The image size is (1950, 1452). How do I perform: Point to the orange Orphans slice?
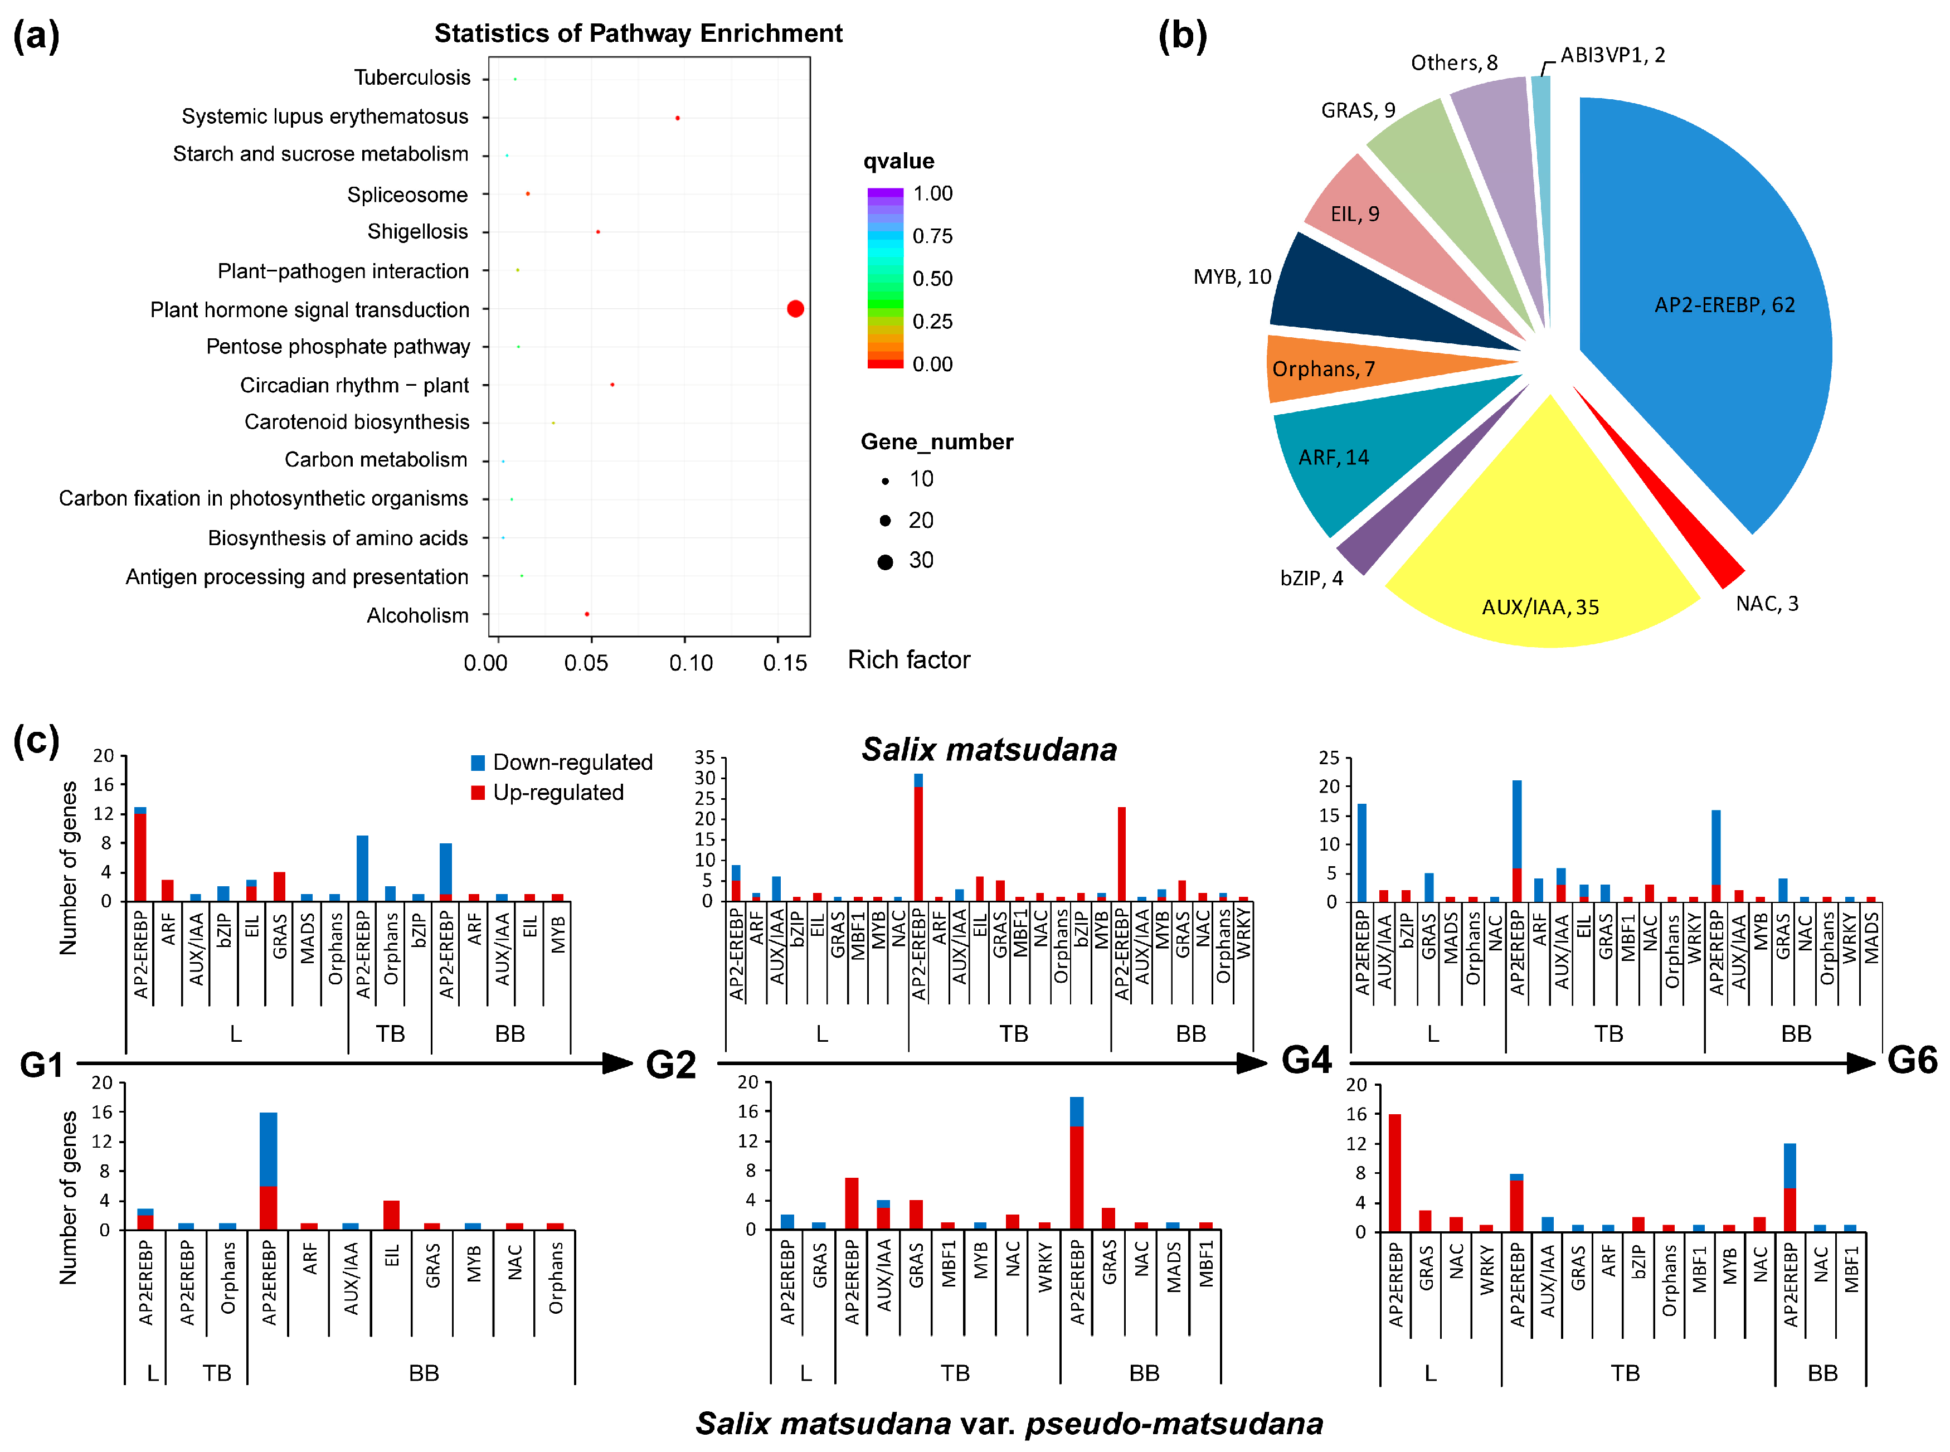click(x=1353, y=368)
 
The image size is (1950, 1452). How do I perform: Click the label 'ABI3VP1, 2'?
click(x=1612, y=55)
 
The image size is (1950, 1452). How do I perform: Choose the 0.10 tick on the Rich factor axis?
click(x=690, y=663)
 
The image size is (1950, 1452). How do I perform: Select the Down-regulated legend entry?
click(x=562, y=762)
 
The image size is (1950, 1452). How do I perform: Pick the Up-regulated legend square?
click(x=478, y=793)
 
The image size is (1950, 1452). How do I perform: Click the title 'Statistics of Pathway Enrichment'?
click(x=638, y=33)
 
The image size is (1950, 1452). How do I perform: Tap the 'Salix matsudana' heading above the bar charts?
click(x=989, y=750)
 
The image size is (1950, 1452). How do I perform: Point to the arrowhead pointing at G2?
click(x=618, y=1063)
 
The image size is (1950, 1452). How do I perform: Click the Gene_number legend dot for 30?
click(x=885, y=562)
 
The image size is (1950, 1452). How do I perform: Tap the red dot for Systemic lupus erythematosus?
click(x=677, y=118)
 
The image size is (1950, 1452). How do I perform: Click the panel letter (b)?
click(x=1182, y=37)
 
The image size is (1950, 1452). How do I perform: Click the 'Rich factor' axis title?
click(x=908, y=660)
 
